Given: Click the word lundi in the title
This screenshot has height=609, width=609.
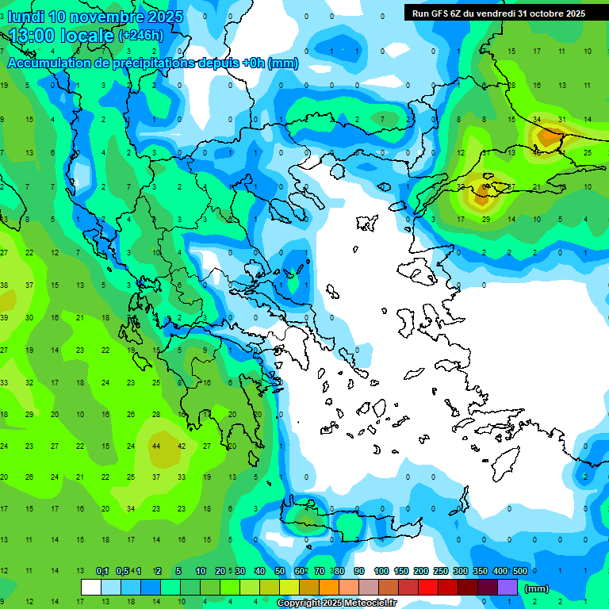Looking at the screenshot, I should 27,17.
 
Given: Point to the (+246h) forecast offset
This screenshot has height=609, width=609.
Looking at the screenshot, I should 140,36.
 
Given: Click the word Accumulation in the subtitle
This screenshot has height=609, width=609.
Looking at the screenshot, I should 47,63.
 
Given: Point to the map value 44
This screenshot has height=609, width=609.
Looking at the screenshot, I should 156,446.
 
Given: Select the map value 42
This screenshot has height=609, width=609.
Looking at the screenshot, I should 182,446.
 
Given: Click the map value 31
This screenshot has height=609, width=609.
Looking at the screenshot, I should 562,119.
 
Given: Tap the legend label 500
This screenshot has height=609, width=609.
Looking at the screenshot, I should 520,572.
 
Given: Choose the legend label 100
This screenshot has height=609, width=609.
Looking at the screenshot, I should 381,572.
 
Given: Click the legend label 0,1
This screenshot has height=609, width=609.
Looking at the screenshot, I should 102,572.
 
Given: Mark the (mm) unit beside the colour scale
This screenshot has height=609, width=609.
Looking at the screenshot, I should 537,588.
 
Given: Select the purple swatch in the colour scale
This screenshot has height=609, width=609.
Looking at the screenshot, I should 507,588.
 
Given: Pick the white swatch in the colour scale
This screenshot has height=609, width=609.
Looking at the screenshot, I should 91,588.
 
